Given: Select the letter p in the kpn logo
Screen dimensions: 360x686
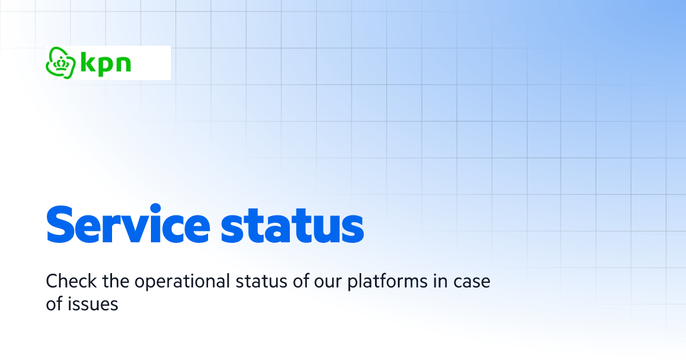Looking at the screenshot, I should (x=106, y=65).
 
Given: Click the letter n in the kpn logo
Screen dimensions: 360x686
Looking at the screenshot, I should (x=123, y=64).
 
